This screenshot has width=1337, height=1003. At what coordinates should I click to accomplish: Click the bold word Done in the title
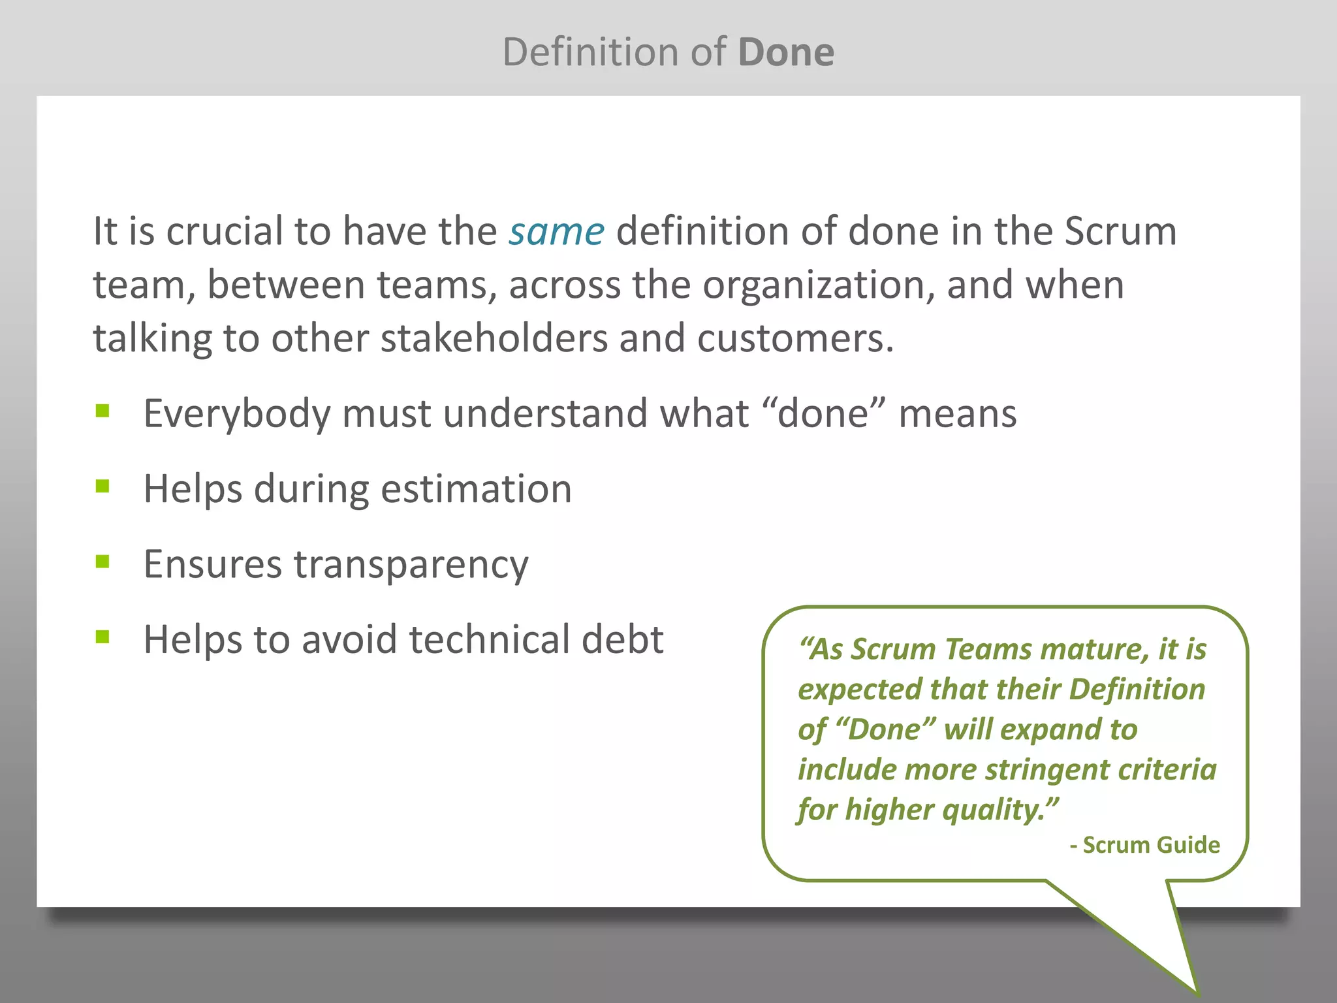(786, 52)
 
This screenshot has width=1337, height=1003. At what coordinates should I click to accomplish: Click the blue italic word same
(556, 231)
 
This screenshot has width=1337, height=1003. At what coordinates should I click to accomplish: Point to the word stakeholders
(494, 339)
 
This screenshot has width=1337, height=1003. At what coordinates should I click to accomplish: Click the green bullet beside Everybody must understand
(102, 411)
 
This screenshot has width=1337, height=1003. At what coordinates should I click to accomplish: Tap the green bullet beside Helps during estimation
(102, 486)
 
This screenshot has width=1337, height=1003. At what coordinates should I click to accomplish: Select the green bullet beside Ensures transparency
(102, 562)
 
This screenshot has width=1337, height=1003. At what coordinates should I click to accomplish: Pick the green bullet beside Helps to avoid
(102, 637)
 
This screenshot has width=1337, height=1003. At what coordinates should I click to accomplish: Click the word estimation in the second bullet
(476, 488)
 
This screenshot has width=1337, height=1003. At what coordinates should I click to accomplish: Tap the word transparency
(411, 565)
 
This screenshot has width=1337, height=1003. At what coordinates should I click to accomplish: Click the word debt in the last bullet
(622, 639)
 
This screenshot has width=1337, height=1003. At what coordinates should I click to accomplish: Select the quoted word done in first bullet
(823, 413)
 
